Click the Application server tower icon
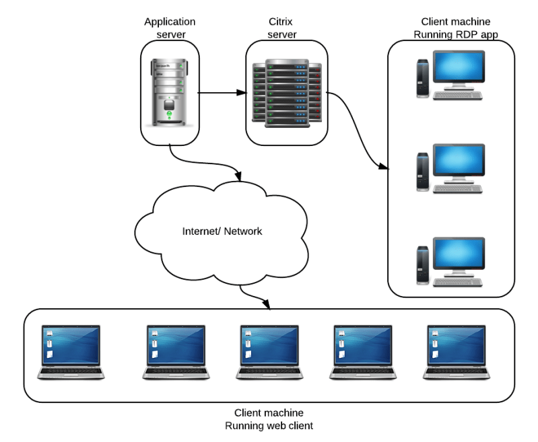point(169,90)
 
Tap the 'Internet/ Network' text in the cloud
point(222,231)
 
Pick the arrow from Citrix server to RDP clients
point(357,131)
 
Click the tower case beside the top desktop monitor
point(422,79)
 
